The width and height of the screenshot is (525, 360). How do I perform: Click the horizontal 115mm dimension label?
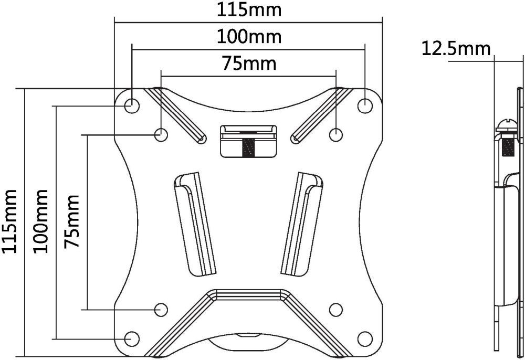click(249, 10)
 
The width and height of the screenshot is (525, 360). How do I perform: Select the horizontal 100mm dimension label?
click(249, 36)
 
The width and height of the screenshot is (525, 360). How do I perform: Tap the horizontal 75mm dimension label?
click(249, 63)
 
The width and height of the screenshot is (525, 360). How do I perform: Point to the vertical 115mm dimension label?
click(9, 221)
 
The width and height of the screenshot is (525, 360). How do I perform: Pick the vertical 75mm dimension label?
click(72, 221)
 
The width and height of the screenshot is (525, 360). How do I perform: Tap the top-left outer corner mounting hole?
click(132, 105)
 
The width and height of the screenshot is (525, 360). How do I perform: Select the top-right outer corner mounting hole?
click(365, 105)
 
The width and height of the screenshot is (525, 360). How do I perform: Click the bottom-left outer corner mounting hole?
click(132, 338)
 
